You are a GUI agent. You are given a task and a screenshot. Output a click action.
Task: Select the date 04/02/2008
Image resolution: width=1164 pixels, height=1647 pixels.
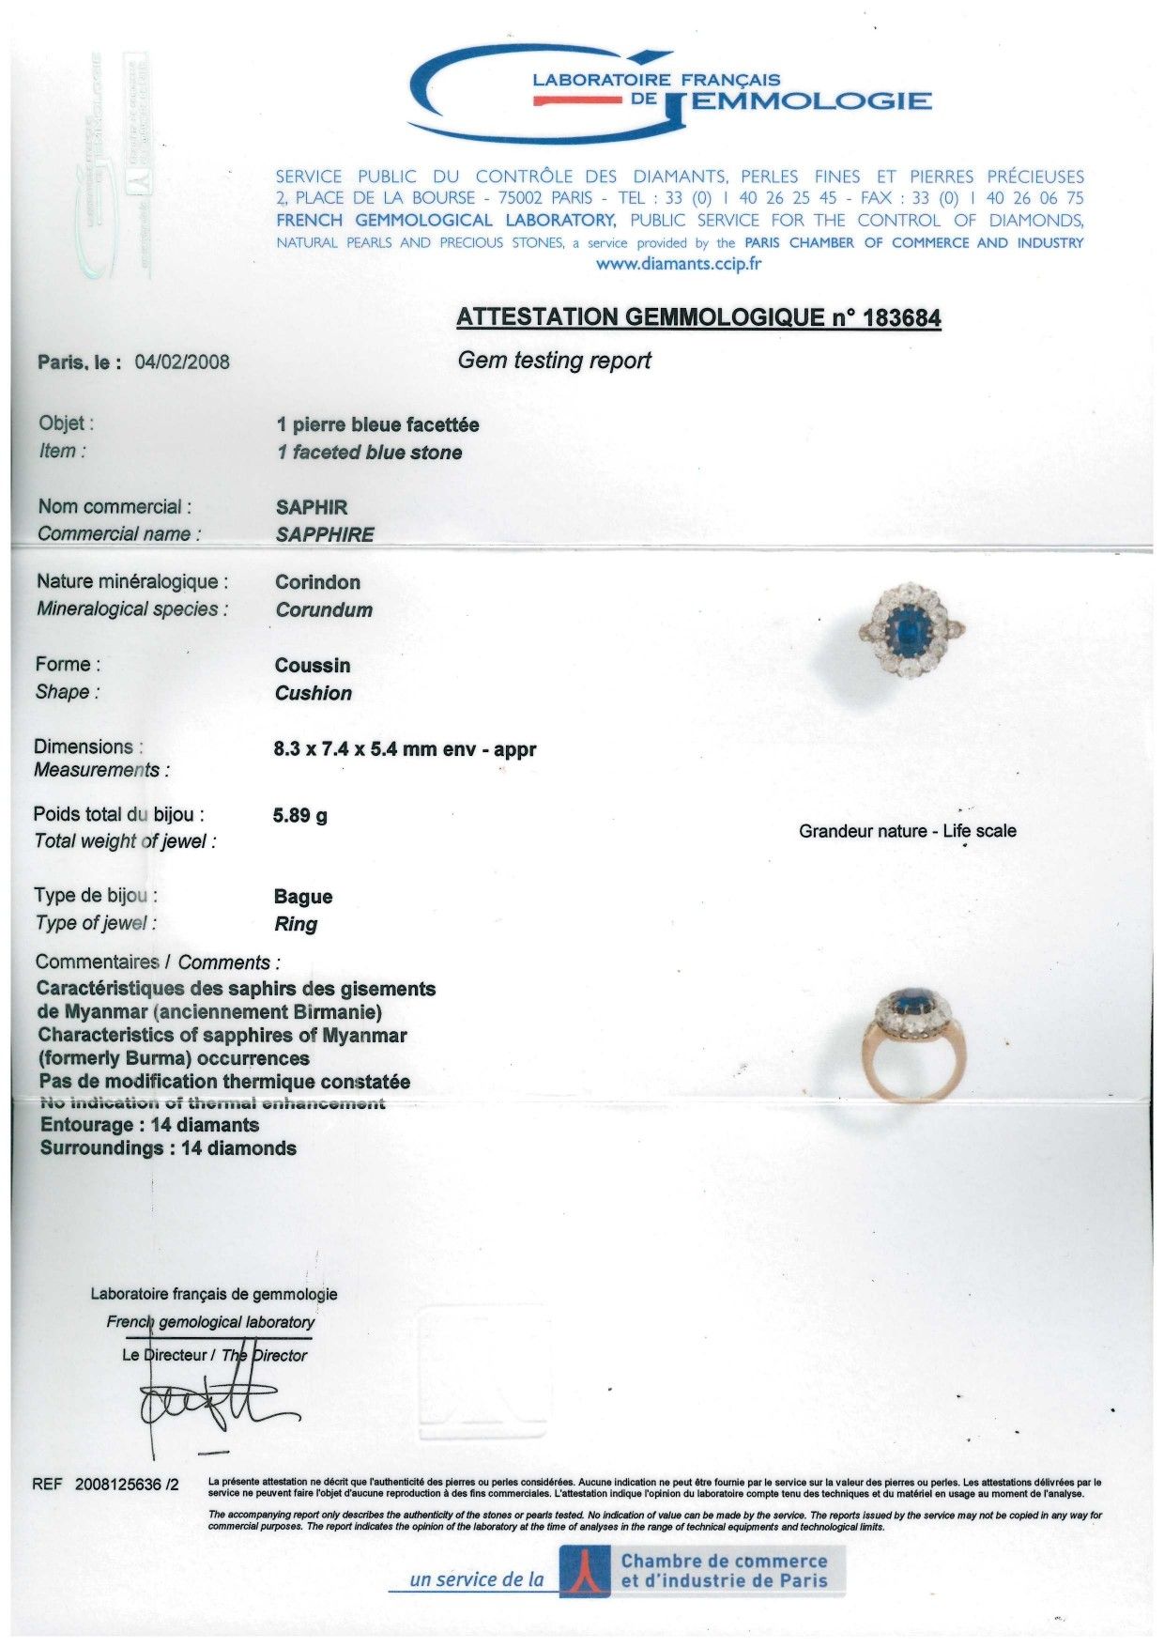coord(183,362)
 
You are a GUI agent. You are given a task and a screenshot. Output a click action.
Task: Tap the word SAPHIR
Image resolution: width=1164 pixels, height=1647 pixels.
coord(312,508)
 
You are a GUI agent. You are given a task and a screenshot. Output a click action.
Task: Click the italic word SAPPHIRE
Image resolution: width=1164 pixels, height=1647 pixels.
coord(325,535)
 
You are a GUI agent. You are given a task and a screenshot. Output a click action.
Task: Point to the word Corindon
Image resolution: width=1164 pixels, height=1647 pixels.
coord(317,582)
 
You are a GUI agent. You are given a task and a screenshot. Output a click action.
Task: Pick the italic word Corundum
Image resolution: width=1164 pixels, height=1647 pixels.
coord(324,610)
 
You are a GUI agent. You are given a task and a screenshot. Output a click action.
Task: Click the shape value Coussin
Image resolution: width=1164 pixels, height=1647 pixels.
coord(313,666)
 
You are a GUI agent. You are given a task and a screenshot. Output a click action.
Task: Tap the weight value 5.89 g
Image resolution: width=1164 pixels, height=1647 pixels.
coord(300,816)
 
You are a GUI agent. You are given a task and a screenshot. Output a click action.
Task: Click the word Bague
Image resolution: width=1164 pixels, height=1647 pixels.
coord(303,897)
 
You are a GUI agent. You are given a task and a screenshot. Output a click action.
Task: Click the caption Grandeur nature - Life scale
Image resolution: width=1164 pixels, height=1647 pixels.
coord(907,831)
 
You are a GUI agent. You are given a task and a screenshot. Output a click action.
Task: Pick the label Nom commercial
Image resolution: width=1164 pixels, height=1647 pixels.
coord(115,507)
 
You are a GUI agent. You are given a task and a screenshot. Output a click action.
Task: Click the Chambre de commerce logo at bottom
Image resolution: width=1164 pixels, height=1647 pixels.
coord(702,1570)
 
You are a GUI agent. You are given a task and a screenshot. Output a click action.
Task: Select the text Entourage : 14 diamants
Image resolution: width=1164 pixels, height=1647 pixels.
coord(149,1125)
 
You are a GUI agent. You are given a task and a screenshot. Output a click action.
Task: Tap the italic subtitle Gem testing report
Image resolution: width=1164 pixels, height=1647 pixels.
coord(554,361)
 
